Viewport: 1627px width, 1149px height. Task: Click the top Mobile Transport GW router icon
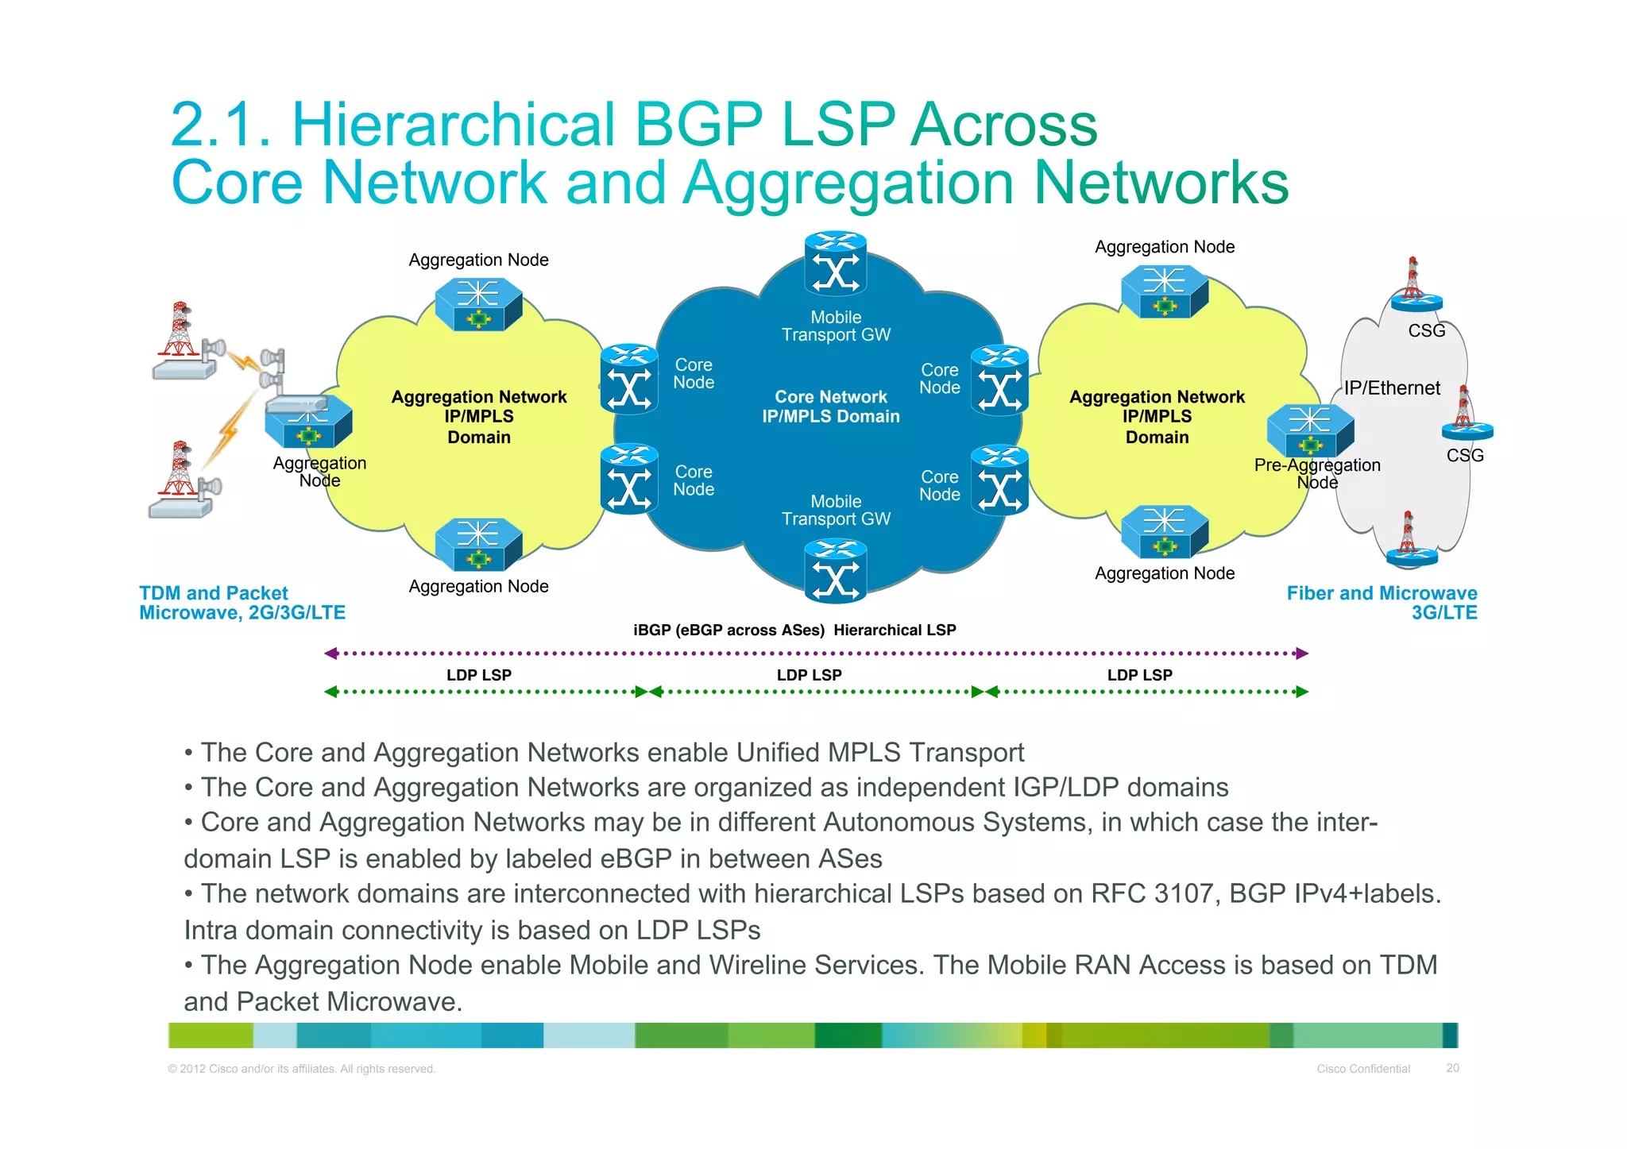coord(835,265)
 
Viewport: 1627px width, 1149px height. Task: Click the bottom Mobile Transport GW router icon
coord(835,571)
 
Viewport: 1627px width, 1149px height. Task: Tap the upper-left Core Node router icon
coord(629,380)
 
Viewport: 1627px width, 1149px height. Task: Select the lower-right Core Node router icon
coord(999,480)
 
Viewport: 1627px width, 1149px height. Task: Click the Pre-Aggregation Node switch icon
coord(1310,430)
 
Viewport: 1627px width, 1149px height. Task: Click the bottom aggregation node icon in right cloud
coord(1164,531)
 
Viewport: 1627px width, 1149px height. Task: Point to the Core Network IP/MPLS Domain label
coord(830,407)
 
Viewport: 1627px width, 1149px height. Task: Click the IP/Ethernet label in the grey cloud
coord(1391,388)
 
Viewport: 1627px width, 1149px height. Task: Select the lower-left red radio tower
coord(180,469)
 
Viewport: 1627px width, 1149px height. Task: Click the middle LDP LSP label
coord(809,675)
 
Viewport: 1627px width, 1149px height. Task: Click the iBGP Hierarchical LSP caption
coord(794,630)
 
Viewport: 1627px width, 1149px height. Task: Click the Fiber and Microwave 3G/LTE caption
coord(1382,603)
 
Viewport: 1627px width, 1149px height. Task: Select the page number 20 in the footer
coord(1452,1068)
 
